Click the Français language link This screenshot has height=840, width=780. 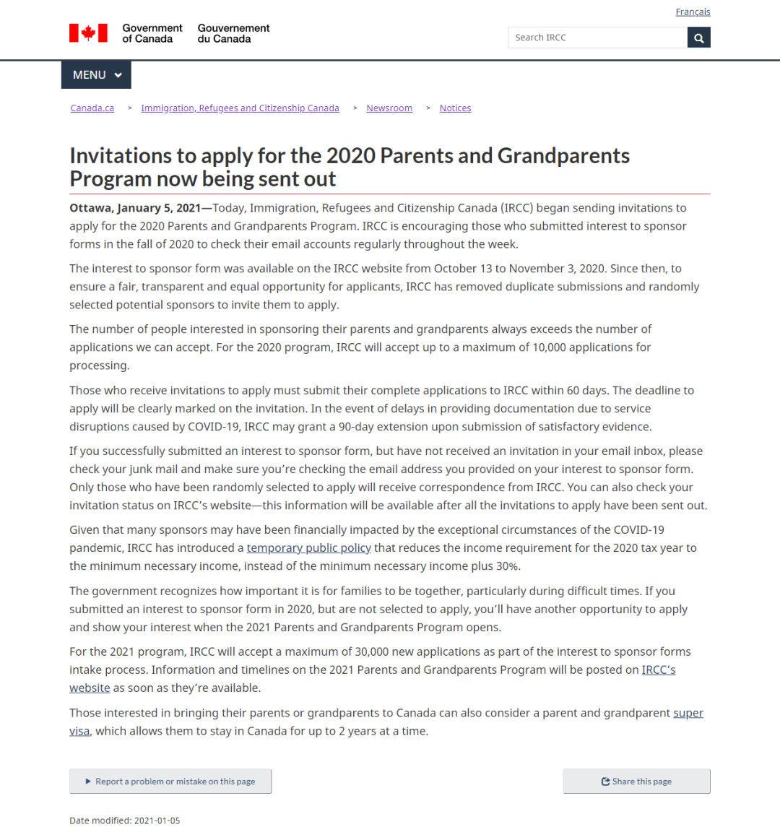[x=693, y=12]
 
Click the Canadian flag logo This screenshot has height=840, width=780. [x=88, y=33]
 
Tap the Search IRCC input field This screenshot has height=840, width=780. [x=597, y=38]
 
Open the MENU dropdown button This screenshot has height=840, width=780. [x=97, y=75]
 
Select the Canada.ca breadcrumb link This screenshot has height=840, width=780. [x=92, y=108]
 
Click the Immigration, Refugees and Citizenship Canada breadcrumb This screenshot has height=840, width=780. [x=240, y=108]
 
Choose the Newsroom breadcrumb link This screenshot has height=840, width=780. [x=389, y=108]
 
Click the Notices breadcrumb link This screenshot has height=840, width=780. [x=455, y=108]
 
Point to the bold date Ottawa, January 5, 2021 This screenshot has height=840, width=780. [x=135, y=208]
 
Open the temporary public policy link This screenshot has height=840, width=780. [x=308, y=548]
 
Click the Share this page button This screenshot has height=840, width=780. [x=636, y=781]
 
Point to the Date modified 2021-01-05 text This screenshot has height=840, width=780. [x=124, y=821]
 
